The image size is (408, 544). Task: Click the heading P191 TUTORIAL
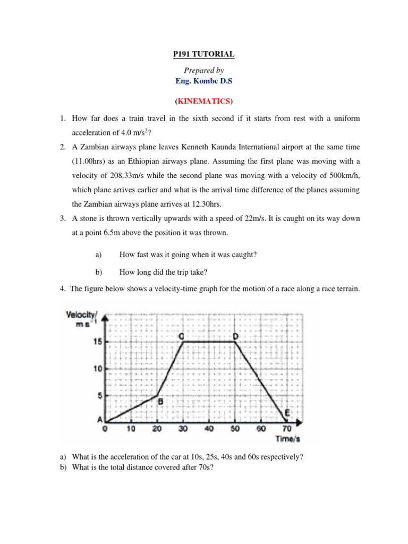click(204, 54)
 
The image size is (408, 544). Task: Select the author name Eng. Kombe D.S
click(204, 81)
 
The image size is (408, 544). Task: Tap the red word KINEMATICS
click(204, 101)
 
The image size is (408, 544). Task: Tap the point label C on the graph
click(181, 336)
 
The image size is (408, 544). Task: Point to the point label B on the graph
click(159, 403)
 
